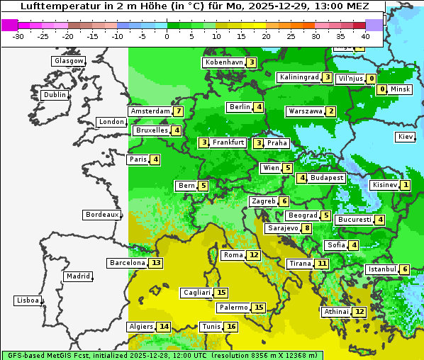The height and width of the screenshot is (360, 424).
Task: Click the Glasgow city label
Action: (68, 61)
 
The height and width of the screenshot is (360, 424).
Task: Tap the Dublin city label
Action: (55, 95)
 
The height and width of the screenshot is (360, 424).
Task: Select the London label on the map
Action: (111, 122)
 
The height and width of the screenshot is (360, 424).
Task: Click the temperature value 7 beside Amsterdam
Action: (179, 111)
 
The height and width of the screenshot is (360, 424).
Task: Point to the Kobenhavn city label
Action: (224, 62)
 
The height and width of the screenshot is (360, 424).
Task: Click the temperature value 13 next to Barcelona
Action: (156, 263)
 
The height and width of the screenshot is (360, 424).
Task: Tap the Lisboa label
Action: (28, 300)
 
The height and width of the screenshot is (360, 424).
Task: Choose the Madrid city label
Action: (77, 276)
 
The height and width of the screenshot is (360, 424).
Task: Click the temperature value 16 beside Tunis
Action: (231, 327)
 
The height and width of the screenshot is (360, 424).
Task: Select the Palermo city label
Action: (233, 308)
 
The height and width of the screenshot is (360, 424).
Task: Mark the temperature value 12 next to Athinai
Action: (359, 312)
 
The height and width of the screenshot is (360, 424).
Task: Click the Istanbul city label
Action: (381, 269)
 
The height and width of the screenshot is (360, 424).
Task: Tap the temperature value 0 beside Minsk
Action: (382, 89)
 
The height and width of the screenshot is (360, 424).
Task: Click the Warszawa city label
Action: (304, 111)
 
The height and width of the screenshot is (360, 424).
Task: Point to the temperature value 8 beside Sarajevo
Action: (306, 228)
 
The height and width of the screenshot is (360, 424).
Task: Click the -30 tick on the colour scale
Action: (18, 36)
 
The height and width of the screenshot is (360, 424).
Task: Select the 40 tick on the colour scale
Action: (365, 36)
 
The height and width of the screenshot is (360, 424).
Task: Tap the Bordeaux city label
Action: (101, 214)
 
